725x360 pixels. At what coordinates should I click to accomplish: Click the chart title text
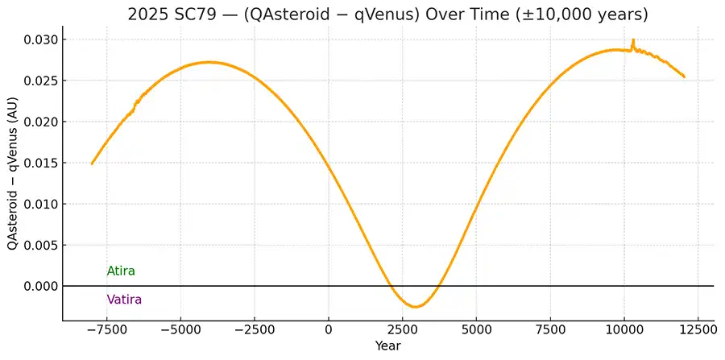tap(388, 14)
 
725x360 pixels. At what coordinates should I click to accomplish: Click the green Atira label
tap(121, 271)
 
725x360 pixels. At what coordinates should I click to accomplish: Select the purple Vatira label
tap(124, 300)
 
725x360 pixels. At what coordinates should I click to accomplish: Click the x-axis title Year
tap(387, 346)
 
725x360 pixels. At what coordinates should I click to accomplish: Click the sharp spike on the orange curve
tap(633, 40)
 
